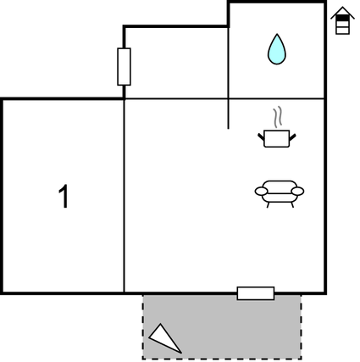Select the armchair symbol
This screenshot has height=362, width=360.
280,193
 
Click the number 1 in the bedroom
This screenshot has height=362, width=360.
64,196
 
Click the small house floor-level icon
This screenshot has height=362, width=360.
342,20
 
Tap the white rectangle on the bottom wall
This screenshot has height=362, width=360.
256,293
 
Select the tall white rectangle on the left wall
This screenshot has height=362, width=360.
124,67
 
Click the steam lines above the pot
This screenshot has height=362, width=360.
278,116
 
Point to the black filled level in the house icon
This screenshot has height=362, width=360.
342,18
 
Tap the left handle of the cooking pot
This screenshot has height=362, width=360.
261,137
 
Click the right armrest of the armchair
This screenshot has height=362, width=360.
297,192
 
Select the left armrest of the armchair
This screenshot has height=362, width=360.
261,192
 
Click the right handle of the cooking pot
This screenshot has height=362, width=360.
292,137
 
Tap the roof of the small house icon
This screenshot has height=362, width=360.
342,13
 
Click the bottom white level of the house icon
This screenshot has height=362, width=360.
342,31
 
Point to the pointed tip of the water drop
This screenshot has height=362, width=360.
277,34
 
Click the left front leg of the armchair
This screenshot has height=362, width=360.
268,205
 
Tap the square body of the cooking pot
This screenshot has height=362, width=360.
277,138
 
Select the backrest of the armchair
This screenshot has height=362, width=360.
280,184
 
